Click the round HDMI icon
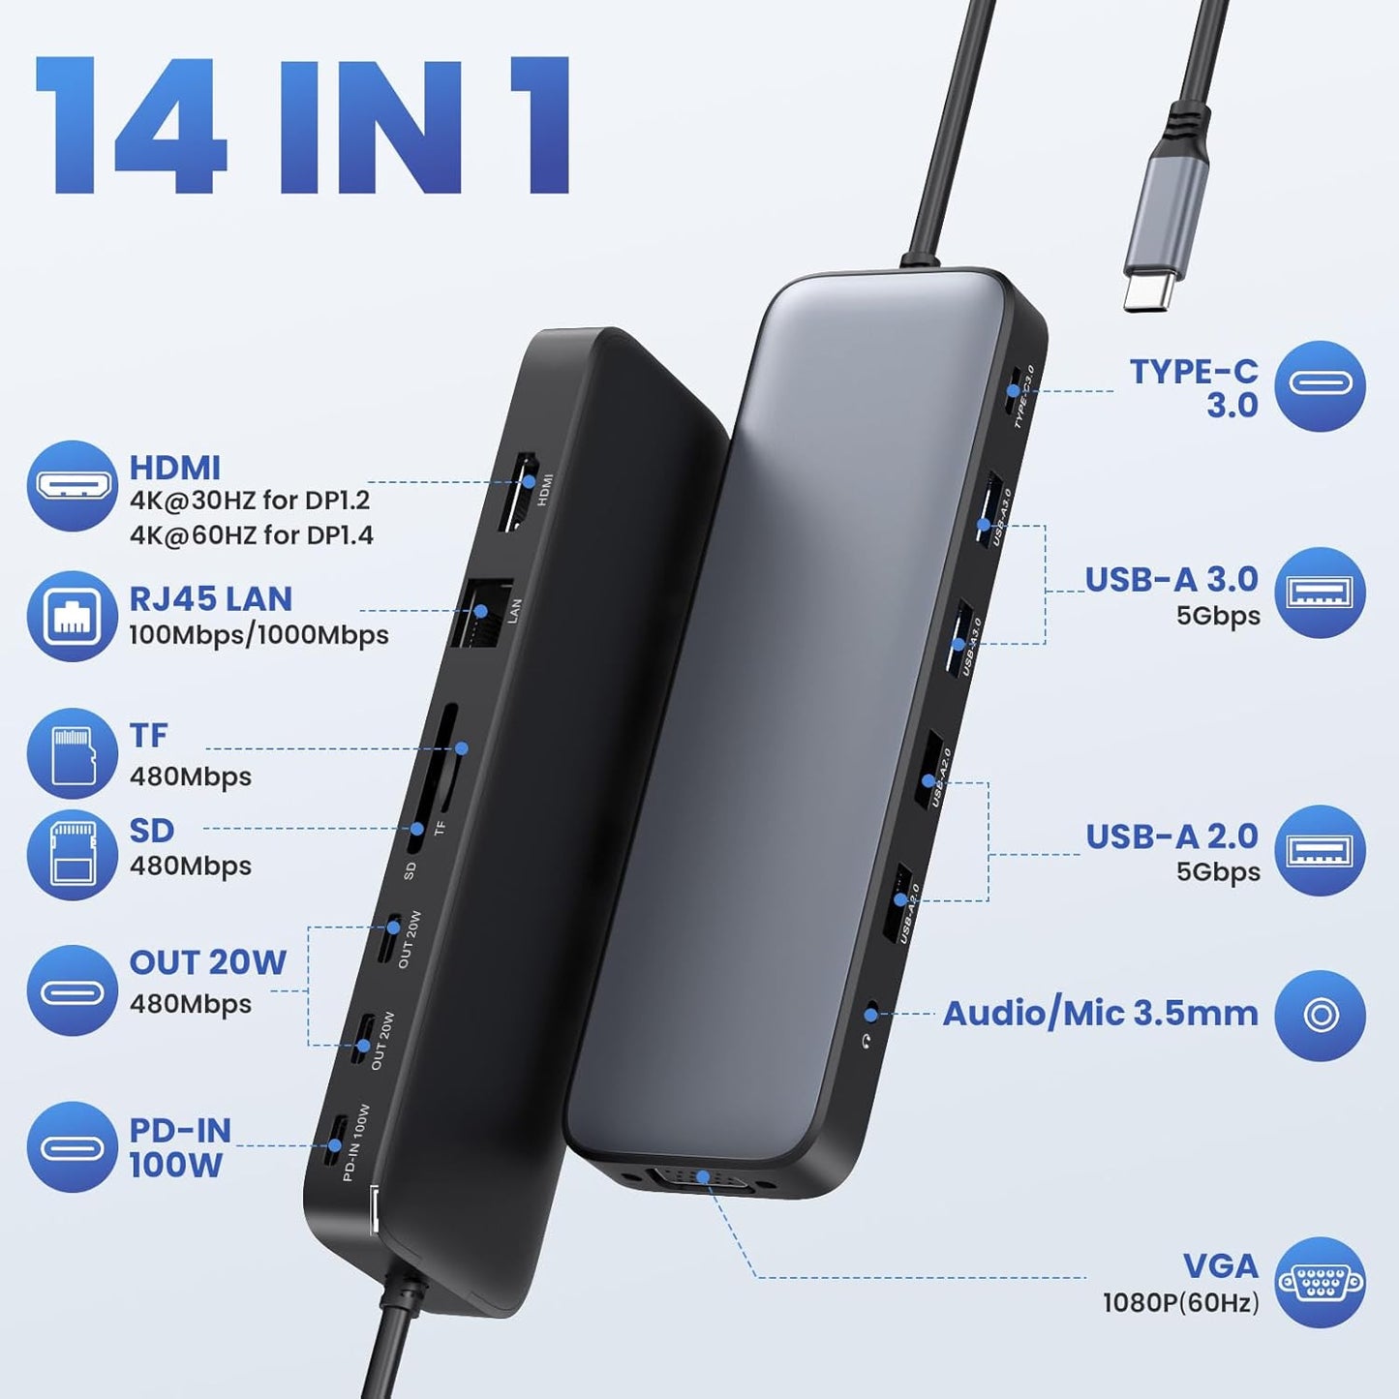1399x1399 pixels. coord(73,485)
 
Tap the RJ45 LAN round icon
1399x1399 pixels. coord(73,616)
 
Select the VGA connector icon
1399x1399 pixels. coord(1320,1283)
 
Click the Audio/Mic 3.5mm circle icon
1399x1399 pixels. coord(1320,1015)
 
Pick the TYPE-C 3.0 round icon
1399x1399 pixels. coord(1320,385)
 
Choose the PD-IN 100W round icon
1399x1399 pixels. coord(73,1147)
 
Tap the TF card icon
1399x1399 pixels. coord(73,754)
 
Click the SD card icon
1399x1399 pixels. coord(73,855)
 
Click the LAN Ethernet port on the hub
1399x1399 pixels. coord(481,612)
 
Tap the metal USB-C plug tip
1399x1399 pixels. coord(1150,289)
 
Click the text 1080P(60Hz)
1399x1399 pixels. coord(1180,1303)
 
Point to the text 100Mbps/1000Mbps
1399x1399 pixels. coord(259,635)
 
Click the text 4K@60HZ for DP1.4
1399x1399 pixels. coord(251,535)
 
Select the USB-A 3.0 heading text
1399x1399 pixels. coord(1171,579)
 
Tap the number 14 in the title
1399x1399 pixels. coord(132,126)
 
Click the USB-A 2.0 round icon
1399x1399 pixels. coord(1320,850)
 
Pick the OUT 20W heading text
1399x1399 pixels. coord(208,962)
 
